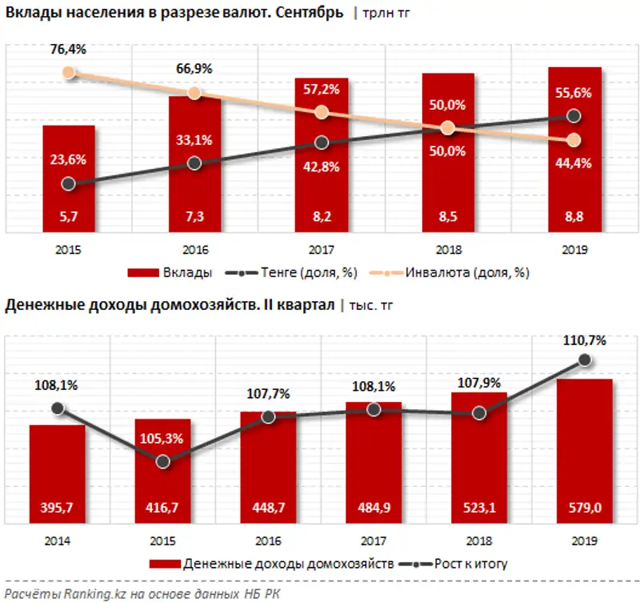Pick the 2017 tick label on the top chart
coord(322,250)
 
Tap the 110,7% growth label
coord(585,340)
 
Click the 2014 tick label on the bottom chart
coord(58,542)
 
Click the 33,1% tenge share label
coord(195,140)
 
